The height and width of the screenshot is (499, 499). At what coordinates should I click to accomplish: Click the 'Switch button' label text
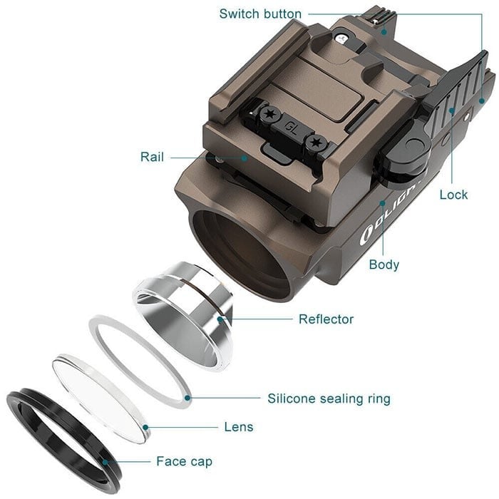[260, 14]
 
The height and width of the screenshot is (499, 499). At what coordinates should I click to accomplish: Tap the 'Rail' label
[153, 156]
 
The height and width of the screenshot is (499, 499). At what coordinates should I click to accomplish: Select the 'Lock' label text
[453, 195]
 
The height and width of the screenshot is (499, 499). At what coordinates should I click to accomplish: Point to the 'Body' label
[384, 264]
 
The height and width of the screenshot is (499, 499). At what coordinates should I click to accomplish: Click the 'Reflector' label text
[326, 319]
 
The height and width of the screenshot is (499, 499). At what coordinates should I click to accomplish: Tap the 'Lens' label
[238, 427]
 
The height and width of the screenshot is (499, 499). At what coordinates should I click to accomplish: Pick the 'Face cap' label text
[184, 461]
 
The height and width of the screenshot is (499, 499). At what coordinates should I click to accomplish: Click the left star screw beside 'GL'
[270, 114]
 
